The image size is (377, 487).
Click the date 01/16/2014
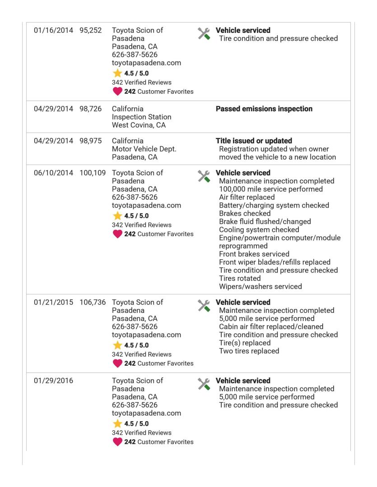[53, 31]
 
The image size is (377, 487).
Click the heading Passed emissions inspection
[264, 109]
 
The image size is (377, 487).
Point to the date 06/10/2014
[53, 173]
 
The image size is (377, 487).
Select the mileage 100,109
[92, 173]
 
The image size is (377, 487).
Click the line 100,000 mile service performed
[270, 189]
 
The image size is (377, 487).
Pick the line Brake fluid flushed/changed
[265, 222]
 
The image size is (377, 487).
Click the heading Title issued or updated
[254, 141]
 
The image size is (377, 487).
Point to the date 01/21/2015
[53, 303]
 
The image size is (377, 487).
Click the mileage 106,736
[92, 303]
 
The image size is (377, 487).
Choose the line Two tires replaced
[249, 351]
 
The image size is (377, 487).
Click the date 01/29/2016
[53, 381]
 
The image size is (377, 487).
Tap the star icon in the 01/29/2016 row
[117, 424]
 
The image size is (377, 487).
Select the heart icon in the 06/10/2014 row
[117, 234]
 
